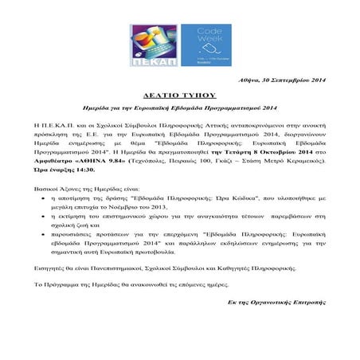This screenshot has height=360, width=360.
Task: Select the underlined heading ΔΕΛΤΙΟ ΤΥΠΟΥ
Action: [x=179, y=93]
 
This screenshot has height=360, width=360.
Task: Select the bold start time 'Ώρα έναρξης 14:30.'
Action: [x=65, y=168]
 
